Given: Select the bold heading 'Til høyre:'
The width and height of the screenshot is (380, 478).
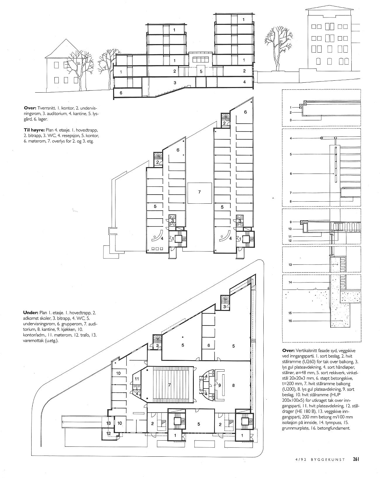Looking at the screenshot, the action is (34, 130).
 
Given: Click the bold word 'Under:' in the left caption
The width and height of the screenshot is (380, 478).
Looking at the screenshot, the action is (31, 313).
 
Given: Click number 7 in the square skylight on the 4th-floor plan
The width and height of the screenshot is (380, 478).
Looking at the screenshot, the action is (199, 192).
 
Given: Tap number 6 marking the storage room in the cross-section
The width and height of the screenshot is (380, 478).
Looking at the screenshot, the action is (121, 93).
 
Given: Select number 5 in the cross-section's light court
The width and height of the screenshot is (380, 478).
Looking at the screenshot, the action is (201, 72).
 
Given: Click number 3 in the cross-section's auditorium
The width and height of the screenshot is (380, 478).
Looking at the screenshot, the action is (175, 83).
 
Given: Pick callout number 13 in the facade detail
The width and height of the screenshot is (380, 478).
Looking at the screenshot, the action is (290, 265).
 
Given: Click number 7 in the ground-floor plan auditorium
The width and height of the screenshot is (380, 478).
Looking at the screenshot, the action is (170, 385).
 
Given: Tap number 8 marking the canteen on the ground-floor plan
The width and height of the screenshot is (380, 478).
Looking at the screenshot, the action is (233, 385).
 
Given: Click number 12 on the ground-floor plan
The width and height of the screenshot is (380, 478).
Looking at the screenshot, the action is (108, 433).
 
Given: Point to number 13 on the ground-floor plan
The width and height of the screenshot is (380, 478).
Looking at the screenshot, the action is (108, 423).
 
